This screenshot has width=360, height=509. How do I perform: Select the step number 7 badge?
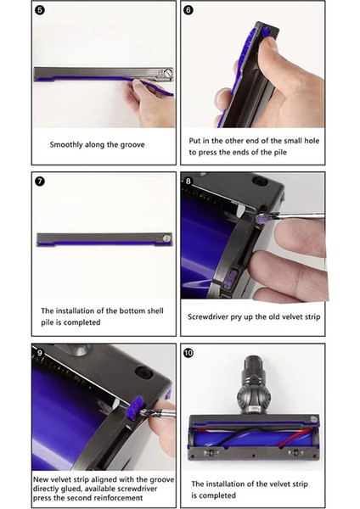click(40, 181)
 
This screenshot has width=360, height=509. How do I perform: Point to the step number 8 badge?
click(188, 181)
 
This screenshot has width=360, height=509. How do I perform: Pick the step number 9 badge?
click(40, 351)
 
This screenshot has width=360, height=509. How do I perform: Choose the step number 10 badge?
click(188, 351)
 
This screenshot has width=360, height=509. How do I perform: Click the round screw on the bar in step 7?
click(167, 238)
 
